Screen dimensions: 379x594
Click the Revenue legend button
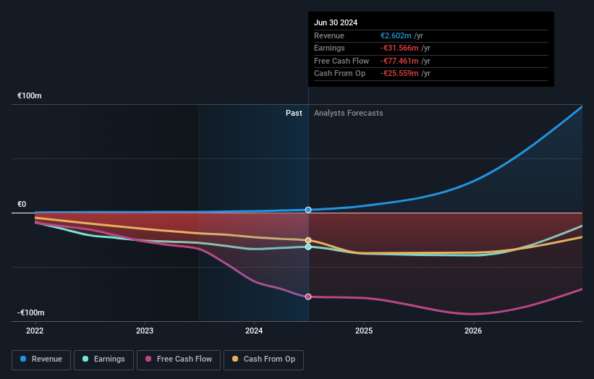[x=41, y=359]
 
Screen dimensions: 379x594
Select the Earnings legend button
[x=104, y=359]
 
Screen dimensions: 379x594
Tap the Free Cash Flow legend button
[x=178, y=359]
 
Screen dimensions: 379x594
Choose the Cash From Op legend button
[x=263, y=359]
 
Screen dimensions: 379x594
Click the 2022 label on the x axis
[x=35, y=331]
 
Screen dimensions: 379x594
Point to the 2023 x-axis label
[x=145, y=331]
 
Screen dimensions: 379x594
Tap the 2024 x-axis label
[x=254, y=331]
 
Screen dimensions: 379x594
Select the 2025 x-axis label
[x=364, y=331]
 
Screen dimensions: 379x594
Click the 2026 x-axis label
[x=473, y=331]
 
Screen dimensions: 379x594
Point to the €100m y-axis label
[x=30, y=95]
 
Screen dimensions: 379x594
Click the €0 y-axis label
[x=22, y=204]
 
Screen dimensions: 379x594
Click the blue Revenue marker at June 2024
[x=308, y=210]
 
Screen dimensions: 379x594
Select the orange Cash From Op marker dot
[x=308, y=240]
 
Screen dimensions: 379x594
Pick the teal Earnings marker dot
[x=308, y=247]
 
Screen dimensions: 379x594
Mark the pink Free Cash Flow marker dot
[x=308, y=297]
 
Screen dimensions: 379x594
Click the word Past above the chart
[x=294, y=113]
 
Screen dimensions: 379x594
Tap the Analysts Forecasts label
[x=348, y=113]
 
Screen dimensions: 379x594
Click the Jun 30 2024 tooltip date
[x=336, y=22]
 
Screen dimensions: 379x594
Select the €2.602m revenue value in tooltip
[x=396, y=36]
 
